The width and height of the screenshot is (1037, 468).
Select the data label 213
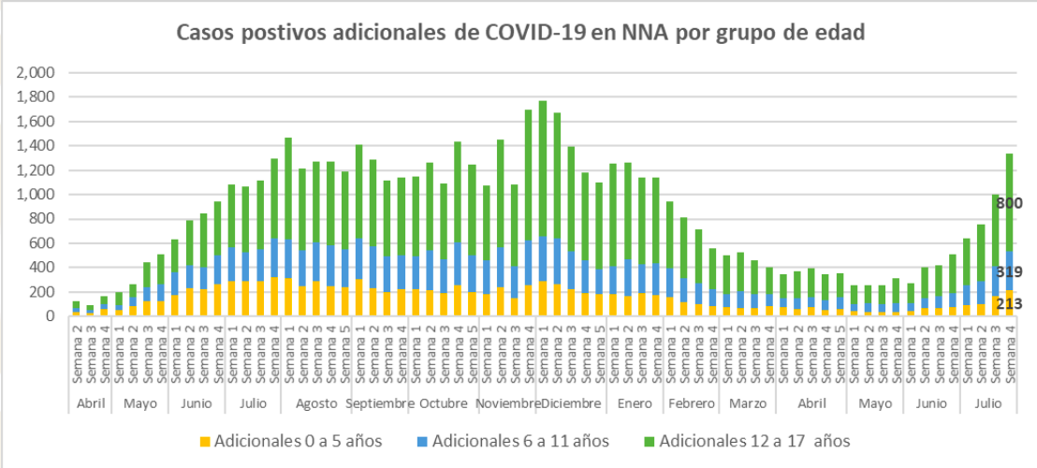[1009, 303]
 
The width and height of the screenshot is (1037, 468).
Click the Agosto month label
[315, 402]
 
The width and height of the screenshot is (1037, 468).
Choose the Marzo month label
[746, 402]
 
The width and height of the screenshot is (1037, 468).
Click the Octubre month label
[443, 402]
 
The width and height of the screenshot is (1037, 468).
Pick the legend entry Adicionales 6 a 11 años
[518, 440]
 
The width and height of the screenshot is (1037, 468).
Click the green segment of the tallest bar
[543, 168]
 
